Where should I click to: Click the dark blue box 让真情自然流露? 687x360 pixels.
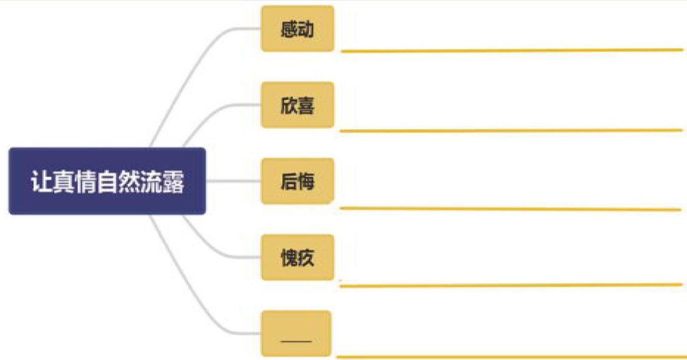coord(107,181)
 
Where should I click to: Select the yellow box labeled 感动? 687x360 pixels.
coord(297,29)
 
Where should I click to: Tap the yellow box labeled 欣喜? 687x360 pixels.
coord(297,105)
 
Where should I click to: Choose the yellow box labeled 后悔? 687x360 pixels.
coord(297,181)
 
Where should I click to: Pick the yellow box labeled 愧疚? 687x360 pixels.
coord(297,257)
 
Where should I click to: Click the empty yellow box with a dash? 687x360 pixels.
coord(296,333)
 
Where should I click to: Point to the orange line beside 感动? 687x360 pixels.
coord(512,50)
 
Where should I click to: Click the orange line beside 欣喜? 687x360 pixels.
coord(512,130)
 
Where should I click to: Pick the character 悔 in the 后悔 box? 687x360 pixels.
coord(306,181)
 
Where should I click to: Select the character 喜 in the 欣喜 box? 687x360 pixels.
coord(306,105)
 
